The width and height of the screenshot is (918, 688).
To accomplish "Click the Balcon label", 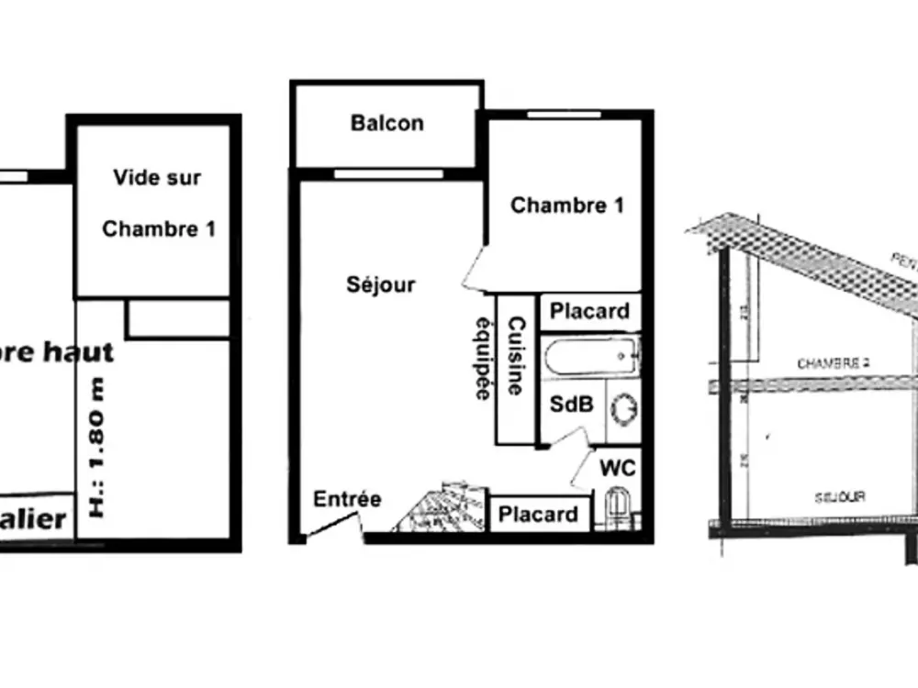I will [x=386, y=123].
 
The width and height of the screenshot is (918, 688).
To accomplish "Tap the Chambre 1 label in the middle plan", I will [x=566, y=205].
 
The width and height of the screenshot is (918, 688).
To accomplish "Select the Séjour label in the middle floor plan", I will [x=380, y=284].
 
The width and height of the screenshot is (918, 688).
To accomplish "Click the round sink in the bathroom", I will [x=622, y=407].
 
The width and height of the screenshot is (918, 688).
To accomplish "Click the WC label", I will [x=617, y=468].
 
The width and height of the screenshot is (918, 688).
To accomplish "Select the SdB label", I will [x=571, y=405].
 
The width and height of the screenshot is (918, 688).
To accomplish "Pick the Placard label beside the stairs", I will [x=538, y=515].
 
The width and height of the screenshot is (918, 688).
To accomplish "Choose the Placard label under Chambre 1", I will [x=589, y=311].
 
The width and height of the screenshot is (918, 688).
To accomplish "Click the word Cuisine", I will [x=517, y=356].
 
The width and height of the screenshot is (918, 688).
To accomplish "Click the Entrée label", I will [x=347, y=499].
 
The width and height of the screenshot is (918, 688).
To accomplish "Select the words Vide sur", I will [x=157, y=177].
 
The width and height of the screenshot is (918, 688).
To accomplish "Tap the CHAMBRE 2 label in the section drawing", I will [x=833, y=363].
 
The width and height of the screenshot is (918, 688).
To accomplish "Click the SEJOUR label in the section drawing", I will [x=840, y=496].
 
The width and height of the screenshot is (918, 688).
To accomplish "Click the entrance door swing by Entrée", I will [x=330, y=527].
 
